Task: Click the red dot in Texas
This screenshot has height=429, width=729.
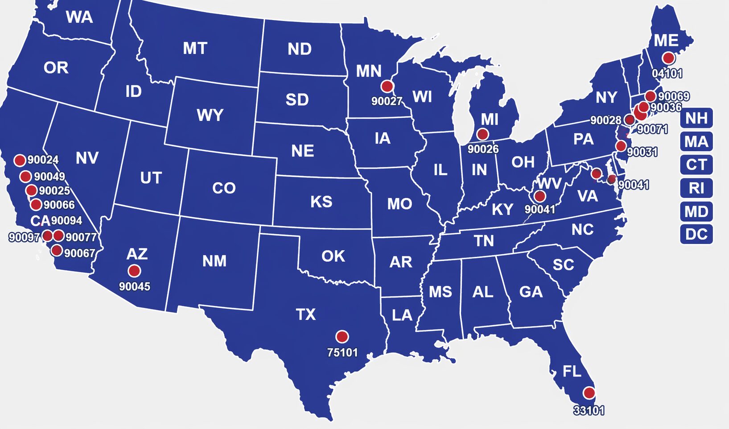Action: point(342,336)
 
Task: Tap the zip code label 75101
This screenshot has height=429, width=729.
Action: point(342,352)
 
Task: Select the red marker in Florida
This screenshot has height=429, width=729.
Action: point(589,393)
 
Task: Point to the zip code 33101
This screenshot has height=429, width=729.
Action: point(589,410)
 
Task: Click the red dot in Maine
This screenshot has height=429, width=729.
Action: point(668,58)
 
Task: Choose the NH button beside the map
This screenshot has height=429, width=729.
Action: point(696,118)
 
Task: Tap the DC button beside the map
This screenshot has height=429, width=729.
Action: point(696,234)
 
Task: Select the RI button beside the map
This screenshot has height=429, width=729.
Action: point(696,188)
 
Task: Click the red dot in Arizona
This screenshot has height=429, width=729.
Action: point(134,271)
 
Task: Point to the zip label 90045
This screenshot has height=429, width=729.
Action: point(134,286)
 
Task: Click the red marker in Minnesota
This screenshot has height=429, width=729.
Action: point(387,86)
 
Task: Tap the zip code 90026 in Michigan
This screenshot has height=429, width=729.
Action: point(483,149)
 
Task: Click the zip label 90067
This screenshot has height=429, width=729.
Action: point(79,253)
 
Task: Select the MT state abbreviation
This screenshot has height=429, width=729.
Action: point(195,48)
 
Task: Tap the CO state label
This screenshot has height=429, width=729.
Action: point(223,188)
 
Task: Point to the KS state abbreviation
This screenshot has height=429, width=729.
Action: point(321,202)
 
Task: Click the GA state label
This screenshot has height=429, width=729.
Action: point(531,292)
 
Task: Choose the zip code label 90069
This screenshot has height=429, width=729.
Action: point(673,96)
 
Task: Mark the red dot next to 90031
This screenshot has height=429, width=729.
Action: point(621,146)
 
